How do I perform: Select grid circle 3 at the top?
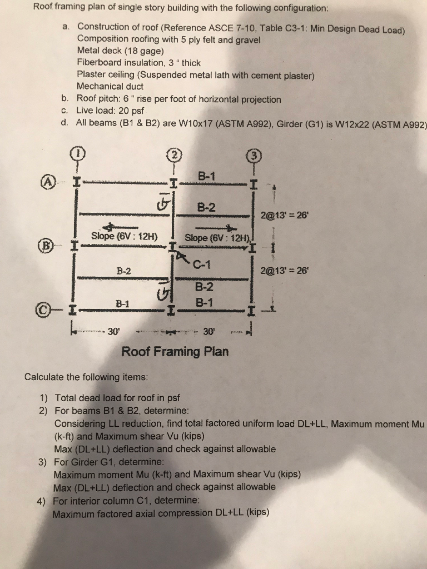point(254,155)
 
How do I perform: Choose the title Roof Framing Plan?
point(175,352)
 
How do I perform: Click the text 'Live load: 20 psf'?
point(113,110)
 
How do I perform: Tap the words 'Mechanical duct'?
point(110,86)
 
